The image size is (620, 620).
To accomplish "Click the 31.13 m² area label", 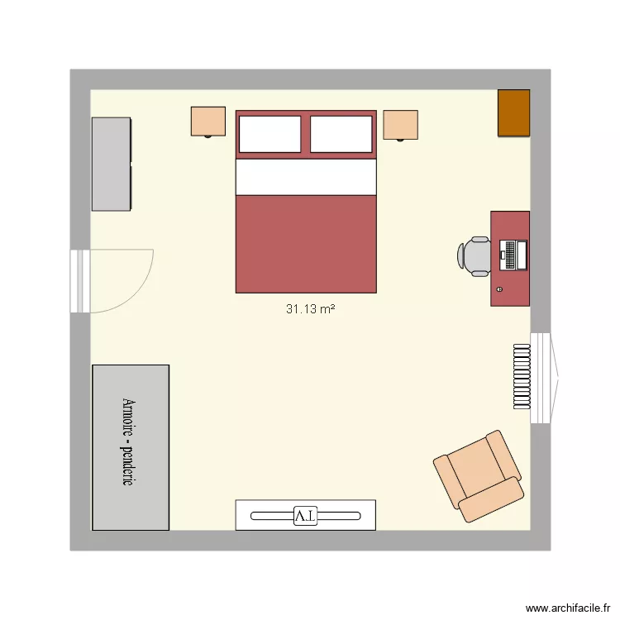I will (310, 309).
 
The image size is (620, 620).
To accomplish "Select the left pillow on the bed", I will (269, 134).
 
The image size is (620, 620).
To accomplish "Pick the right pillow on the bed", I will (341, 134).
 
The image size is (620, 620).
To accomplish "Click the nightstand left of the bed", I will (208, 121).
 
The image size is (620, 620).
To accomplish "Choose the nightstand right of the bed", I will (400, 125).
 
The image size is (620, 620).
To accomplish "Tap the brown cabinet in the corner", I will (513, 112).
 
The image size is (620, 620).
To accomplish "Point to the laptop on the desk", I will (513, 254).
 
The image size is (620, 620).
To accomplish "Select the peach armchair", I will (479, 475).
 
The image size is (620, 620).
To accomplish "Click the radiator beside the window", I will (520, 377).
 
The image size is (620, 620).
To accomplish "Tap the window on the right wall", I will (541, 378).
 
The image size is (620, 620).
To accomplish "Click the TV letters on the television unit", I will (305, 516).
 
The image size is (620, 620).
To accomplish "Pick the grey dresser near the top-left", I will (111, 164).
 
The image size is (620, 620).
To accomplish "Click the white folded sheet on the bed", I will (306, 177).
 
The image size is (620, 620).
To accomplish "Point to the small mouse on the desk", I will (501, 289).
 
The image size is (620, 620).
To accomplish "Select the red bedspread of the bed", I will (306, 244).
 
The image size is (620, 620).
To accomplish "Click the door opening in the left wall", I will (80, 281).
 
